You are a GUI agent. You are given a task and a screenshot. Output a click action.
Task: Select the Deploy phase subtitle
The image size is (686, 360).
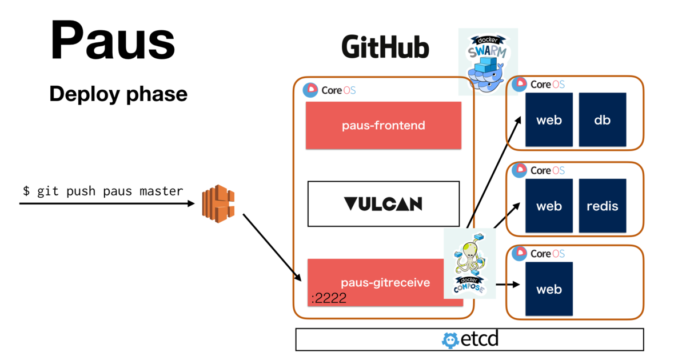(x=118, y=94)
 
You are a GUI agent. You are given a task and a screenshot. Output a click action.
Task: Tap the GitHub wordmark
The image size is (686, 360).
(x=385, y=48)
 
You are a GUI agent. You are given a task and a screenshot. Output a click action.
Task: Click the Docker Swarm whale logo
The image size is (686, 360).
(x=488, y=61)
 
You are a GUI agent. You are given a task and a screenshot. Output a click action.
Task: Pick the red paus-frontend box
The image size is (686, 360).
(x=384, y=125)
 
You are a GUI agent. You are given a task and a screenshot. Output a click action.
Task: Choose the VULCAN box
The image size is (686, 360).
(x=384, y=203)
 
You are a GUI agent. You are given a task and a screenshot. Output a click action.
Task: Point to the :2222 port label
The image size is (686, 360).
(x=329, y=298)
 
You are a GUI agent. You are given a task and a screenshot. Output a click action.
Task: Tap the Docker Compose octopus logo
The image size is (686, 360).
(x=469, y=263)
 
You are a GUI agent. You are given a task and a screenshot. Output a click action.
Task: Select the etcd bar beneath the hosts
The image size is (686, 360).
(x=469, y=339)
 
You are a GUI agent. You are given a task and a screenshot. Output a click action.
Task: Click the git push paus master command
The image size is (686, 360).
(x=103, y=191)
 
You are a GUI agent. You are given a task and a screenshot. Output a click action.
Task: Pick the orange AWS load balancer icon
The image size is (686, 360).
(x=218, y=203)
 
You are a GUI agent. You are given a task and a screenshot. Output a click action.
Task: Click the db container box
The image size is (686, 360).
(x=602, y=120)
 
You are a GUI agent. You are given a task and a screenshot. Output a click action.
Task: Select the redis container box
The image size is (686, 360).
(x=602, y=206)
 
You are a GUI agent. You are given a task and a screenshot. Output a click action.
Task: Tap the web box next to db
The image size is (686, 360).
(x=549, y=120)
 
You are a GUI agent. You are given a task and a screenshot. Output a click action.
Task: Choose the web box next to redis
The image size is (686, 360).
(x=549, y=206)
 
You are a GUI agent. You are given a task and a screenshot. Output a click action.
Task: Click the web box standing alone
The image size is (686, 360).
(x=549, y=289)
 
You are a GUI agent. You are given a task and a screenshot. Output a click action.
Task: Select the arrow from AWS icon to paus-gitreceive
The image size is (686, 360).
(x=272, y=247)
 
